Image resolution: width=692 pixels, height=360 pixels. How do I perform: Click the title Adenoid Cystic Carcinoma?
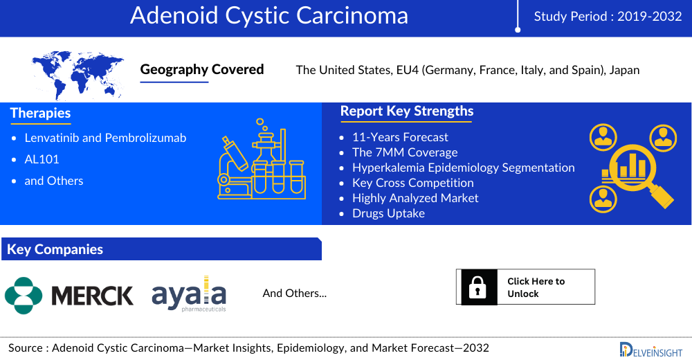click(x=268, y=16)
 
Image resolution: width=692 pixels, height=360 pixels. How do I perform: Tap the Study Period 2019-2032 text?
click(x=608, y=17)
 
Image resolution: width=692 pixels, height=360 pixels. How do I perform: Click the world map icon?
click(x=78, y=75)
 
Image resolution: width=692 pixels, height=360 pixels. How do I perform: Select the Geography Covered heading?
click(x=201, y=69)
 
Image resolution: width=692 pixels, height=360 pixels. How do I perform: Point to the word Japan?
click(x=624, y=70)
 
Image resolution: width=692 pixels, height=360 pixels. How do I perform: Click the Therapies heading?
click(x=40, y=113)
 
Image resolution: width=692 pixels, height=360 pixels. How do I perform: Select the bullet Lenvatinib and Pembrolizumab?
click(x=105, y=138)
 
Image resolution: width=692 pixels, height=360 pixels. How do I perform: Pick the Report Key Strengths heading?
click(x=406, y=111)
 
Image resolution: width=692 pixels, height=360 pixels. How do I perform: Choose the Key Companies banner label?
click(x=55, y=249)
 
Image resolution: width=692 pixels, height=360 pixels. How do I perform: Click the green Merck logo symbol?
click(x=24, y=296)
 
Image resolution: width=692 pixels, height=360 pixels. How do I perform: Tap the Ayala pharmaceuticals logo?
click(x=189, y=294)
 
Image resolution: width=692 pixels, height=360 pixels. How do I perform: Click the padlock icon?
click(x=477, y=287)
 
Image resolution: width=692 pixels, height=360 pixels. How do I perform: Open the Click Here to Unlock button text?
click(x=536, y=287)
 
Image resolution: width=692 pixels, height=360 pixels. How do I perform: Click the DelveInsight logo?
click(x=651, y=350)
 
